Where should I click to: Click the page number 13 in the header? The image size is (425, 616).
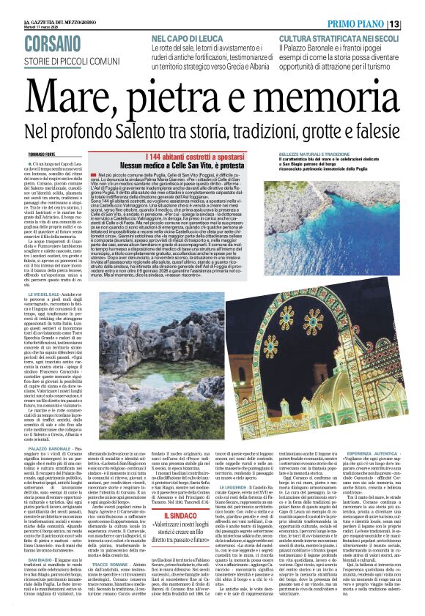click(x=415, y=25)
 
